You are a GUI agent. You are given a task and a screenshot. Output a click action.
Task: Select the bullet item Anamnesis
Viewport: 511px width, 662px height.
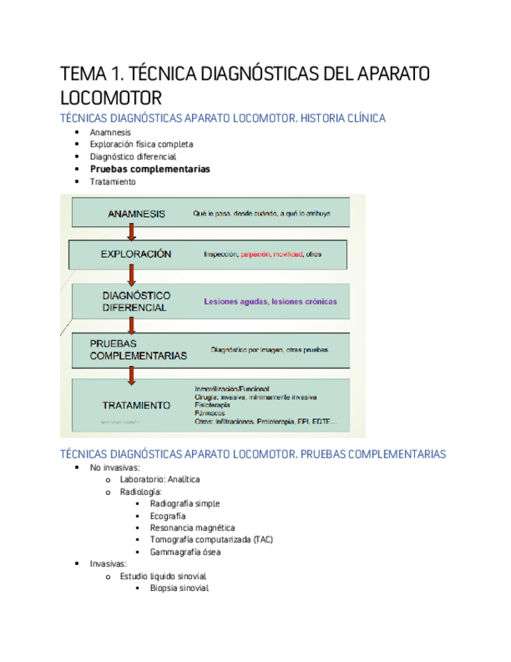click(110, 132)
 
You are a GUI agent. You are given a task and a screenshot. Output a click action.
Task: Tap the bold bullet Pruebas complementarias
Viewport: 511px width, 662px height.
click(150, 169)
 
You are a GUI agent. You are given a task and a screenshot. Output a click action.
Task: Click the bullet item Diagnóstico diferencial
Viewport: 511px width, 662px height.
click(133, 156)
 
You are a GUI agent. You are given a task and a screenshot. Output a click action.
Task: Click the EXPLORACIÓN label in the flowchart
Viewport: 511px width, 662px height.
click(136, 254)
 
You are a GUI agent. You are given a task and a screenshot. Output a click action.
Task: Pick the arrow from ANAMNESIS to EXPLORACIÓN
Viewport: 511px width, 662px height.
click(133, 231)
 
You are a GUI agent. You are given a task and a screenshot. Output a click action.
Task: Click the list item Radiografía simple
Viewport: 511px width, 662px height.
click(185, 504)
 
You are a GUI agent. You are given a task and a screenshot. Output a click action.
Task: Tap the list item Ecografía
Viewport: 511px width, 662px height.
click(168, 516)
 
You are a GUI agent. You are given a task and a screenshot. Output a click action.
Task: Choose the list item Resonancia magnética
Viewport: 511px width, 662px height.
click(192, 528)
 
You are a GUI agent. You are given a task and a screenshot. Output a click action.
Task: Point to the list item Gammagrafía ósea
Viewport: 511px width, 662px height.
click(185, 552)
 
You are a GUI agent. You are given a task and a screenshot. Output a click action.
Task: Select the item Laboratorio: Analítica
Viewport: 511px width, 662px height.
click(160, 479)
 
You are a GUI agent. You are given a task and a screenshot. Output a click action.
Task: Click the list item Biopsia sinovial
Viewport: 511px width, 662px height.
click(179, 588)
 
